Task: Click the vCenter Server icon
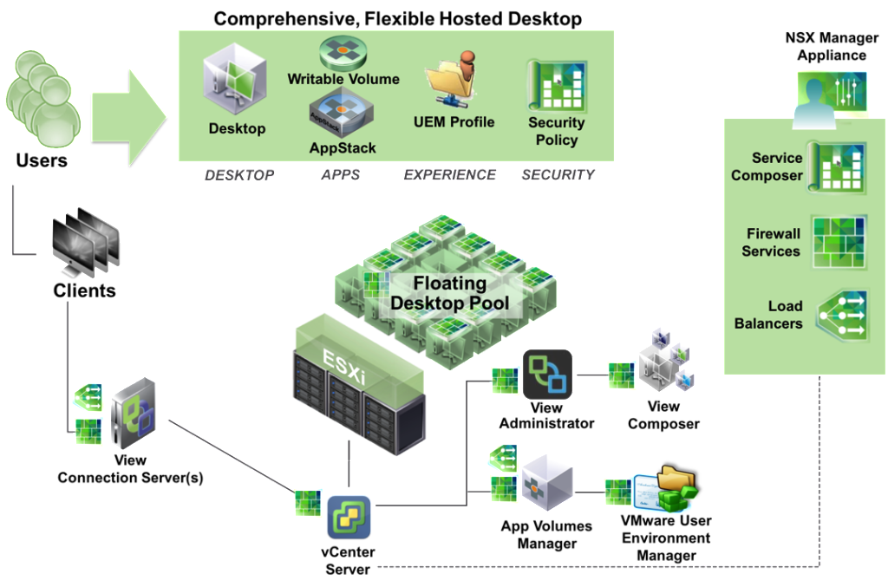click(349, 518)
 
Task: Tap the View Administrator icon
click(547, 375)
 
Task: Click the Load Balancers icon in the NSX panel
click(841, 316)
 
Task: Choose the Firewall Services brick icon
click(839, 242)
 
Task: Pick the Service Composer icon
click(837, 167)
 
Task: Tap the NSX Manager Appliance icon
click(831, 96)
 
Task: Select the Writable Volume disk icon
click(343, 52)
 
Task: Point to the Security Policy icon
click(557, 86)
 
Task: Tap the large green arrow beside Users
click(129, 118)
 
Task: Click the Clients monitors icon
click(86, 242)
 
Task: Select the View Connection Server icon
click(133, 414)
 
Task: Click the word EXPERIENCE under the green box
click(450, 175)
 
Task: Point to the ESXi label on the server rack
click(344, 366)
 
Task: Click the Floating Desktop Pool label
click(450, 293)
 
